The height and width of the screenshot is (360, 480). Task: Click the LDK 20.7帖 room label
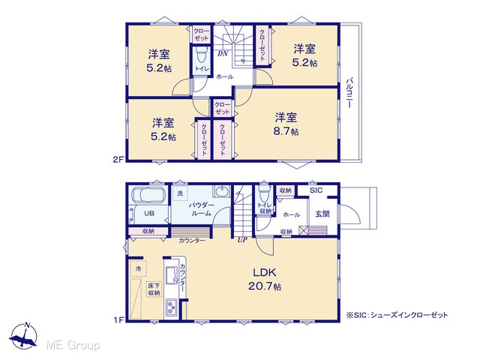[x=265, y=279]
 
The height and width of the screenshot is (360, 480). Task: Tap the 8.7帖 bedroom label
[x=286, y=124]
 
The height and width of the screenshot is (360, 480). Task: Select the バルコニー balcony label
[x=349, y=93]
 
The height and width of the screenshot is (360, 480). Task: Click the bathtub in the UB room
[x=148, y=195]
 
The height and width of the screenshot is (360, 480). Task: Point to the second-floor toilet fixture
[x=202, y=55]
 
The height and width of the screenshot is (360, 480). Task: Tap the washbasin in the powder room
[x=221, y=192]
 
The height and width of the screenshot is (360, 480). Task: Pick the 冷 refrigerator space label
[x=138, y=268]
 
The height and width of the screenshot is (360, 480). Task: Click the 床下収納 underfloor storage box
[x=154, y=289]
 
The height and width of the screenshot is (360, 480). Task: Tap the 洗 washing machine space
[x=180, y=193]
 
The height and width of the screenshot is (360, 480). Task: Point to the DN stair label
[x=223, y=53]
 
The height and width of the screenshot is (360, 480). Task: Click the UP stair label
[x=242, y=240]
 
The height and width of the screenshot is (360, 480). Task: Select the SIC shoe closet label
[x=316, y=190]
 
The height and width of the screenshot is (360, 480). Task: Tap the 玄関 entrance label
[x=322, y=214]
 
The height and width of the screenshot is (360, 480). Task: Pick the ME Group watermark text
[x=73, y=345]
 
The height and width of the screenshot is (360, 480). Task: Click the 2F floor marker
[x=118, y=159]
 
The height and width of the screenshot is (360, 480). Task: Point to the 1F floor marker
[x=118, y=320]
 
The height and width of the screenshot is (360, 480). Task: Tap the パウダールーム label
[x=201, y=208]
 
